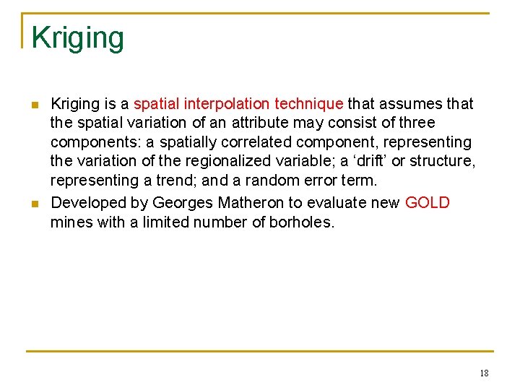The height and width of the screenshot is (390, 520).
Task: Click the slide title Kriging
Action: [78, 38]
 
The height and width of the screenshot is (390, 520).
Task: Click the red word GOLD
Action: [428, 203]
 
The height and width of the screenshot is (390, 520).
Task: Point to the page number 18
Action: [483, 373]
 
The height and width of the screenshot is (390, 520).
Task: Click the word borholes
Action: [302, 222]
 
